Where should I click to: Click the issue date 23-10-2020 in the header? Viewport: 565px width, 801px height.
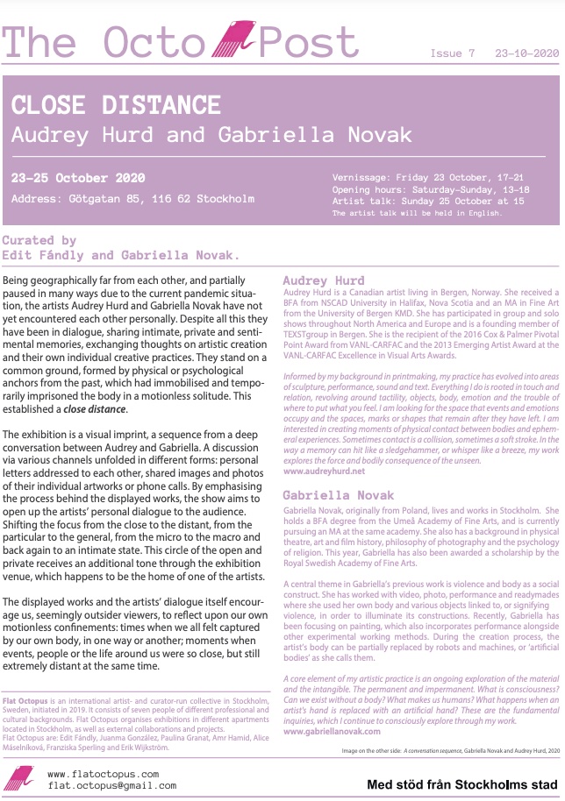pyautogui.click(x=526, y=53)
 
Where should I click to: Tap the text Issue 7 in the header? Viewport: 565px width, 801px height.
pyautogui.click(x=453, y=53)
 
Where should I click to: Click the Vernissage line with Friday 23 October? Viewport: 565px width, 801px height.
pyautogui.click(x=415, y=178)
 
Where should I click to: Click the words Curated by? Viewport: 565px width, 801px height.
pyautogui.click(x=39, y=240)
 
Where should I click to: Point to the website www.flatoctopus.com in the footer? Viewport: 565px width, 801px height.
pyautogui.click(x=104, y=774)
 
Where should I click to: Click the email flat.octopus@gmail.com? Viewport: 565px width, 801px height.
pyautogui.click(x=111, y=786)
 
